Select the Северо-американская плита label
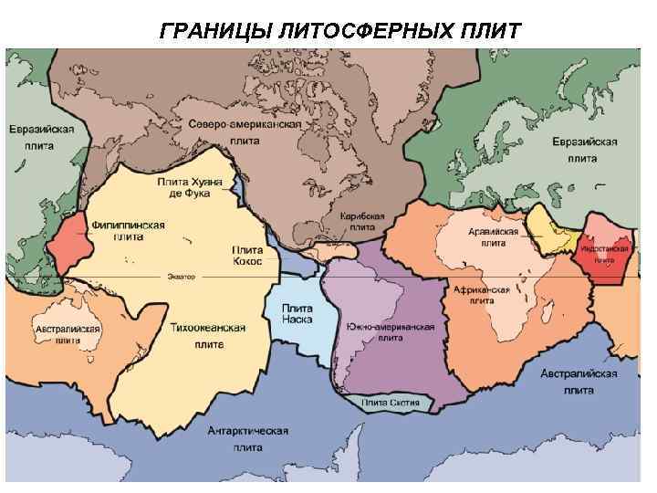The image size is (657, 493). click(245, 131)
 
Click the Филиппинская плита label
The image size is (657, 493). click(128, 230)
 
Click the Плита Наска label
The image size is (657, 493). click(297, 313)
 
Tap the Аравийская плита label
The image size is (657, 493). click(493, 237)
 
